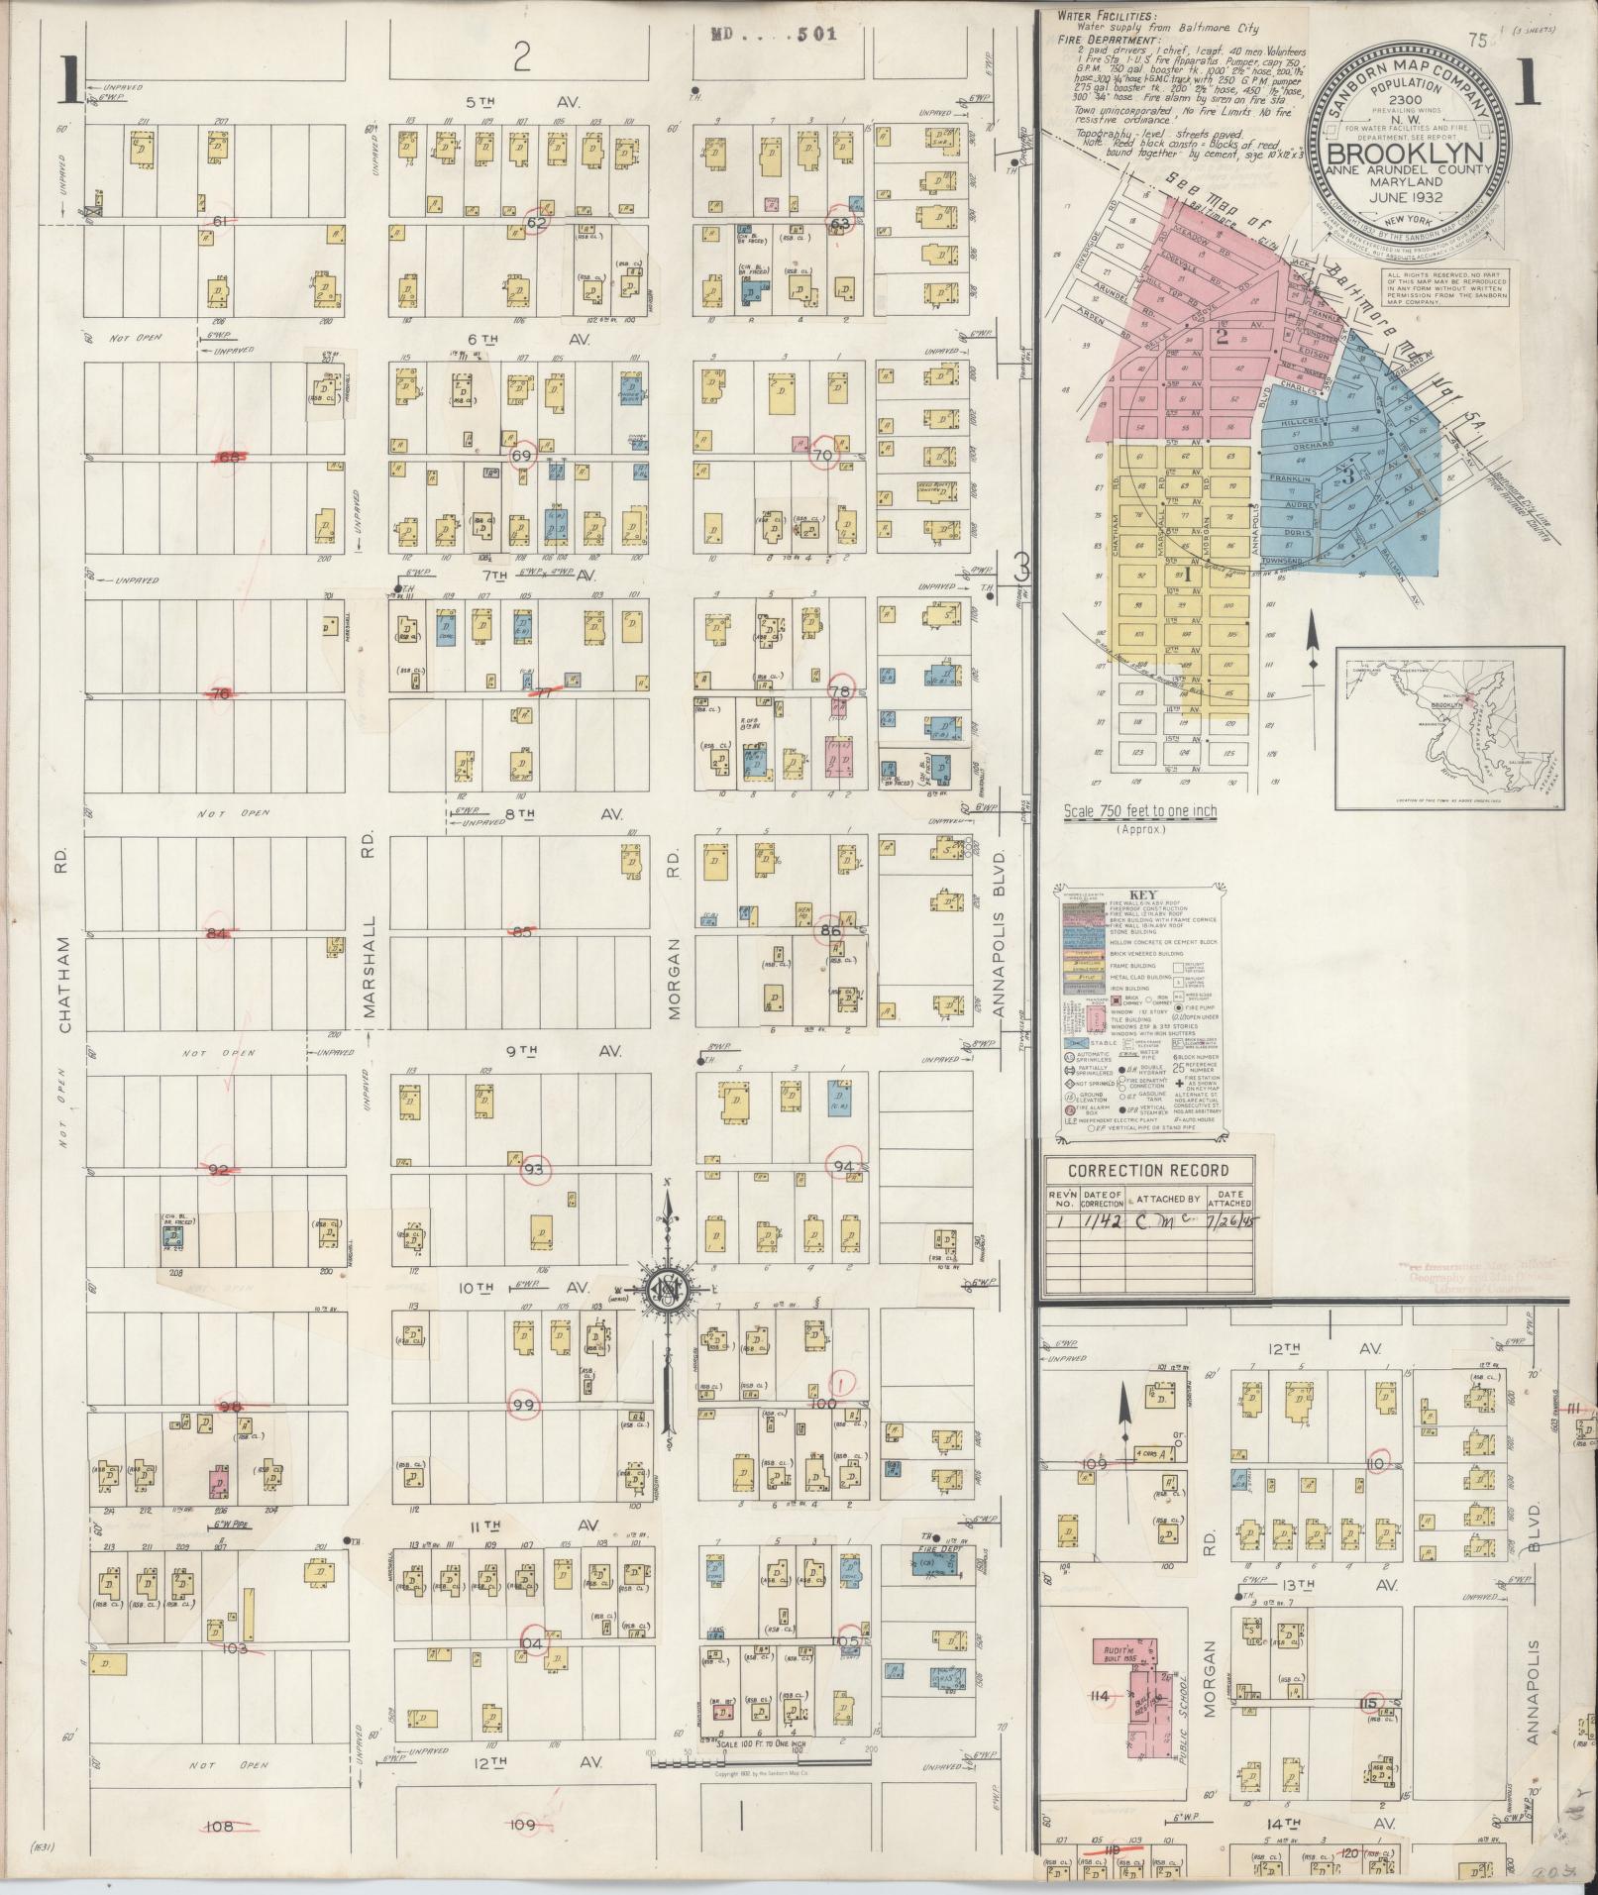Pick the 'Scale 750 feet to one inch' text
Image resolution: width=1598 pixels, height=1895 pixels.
pyautogui.click(x=1140, y=811)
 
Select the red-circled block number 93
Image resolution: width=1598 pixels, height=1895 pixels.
pyautogui.click(x=535, y=1169)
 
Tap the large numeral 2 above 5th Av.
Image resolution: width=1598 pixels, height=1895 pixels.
pyautogui.click(x=522, y=58)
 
